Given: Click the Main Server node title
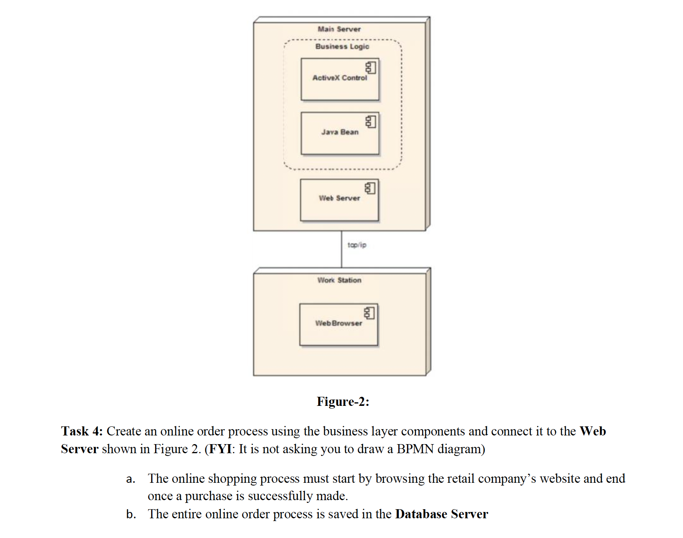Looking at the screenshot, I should point(339,29).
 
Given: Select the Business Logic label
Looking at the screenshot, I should point(342,47).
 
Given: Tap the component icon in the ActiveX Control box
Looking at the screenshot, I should point(371,68).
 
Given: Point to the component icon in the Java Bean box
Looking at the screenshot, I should point(371,122).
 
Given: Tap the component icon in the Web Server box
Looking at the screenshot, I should point(370,188).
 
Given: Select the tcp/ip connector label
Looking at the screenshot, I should point(357,245).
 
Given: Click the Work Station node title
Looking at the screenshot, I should point(339,280).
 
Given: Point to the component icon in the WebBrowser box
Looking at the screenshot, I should point(369,313).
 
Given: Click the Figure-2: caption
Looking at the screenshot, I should point(343,402).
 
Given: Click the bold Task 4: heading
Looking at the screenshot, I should point(82,431).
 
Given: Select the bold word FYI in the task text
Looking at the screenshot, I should point(220,449).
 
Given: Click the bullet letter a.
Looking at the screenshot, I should point(131,479).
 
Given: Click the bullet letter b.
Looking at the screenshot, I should point(131,514).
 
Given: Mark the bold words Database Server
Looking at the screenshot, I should point(441,514).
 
